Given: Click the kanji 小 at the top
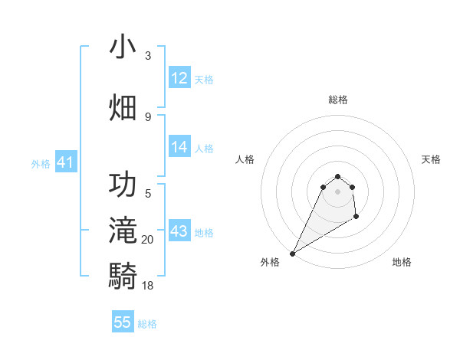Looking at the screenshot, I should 123,47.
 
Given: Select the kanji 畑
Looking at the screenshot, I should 123,107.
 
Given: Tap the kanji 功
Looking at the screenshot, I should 123,185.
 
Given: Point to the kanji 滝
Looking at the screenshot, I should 123,231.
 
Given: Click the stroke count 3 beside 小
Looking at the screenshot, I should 148,56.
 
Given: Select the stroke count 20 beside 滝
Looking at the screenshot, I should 148,240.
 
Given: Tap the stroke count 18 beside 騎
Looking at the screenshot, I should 148,285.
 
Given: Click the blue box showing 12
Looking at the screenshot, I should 179,78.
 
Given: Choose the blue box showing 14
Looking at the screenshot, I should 179,147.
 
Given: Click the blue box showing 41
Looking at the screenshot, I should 65,162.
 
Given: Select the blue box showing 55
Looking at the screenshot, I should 123,322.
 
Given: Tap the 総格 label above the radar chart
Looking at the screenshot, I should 338,100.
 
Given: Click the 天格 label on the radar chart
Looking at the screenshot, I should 432,159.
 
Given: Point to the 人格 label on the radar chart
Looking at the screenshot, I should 245,159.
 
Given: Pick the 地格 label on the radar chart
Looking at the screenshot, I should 402,262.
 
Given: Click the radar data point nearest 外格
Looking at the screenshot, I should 292,254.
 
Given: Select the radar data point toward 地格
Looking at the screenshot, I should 356,218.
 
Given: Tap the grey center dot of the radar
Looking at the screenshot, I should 337,201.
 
